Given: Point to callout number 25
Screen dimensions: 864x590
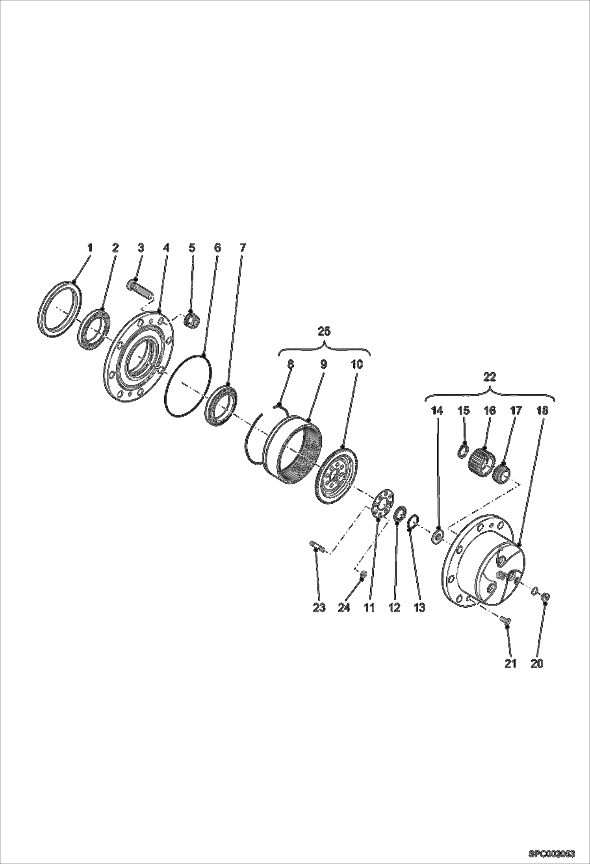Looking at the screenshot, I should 324,332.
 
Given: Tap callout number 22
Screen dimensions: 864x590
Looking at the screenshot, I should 490,377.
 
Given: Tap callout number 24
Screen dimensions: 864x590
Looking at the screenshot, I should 344,608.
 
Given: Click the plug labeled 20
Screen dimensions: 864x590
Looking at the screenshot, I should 546,598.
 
